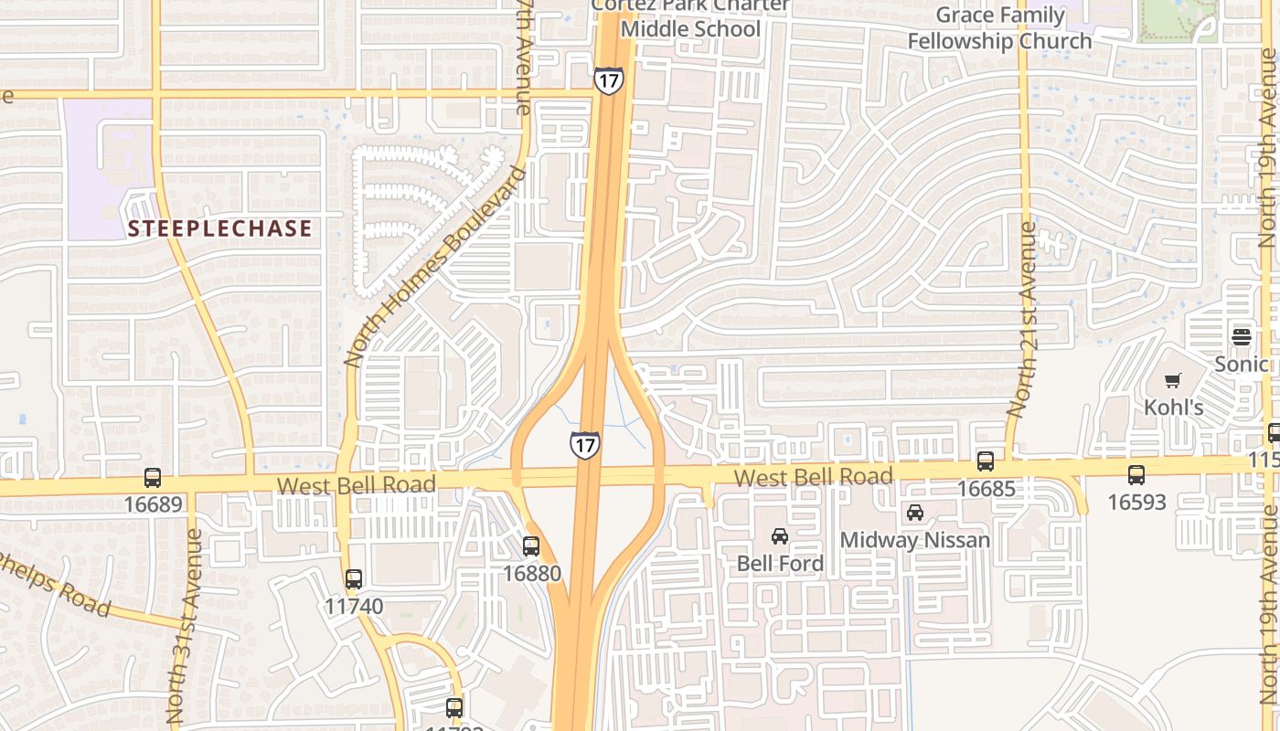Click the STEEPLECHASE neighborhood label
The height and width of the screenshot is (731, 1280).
click(x=219, y=228)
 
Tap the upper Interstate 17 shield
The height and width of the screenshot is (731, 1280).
click(x=608, y=79)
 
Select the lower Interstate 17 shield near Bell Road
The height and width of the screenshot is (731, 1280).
click(x=584, y=445)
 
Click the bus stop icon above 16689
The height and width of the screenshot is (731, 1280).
click(x=153, y=478)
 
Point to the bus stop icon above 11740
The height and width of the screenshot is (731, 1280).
click(x=354, y=579)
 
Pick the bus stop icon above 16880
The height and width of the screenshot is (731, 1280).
click(x=531, y=546)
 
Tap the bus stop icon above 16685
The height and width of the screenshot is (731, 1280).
click(x=986, y=461)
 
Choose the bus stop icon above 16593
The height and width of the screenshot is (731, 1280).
click(x=1136, y=475)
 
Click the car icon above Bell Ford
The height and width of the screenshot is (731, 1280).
click(x=779, y=536)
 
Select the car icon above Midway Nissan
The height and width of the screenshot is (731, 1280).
click(x=915, y=513)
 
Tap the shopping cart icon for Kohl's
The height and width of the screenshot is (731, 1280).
click(x=1173, y=381)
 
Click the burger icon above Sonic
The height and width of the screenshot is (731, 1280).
click(x=1241, y=336)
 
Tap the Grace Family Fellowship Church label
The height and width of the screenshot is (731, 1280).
click(x=999, y=28)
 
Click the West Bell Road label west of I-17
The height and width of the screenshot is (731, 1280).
click(x=357, y=484)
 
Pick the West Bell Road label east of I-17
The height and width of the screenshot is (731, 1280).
click(x=814, y=477)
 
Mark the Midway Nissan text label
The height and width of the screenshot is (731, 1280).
click(x=915, y=540)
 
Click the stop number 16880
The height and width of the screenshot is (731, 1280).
click(x=531, y=573)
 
